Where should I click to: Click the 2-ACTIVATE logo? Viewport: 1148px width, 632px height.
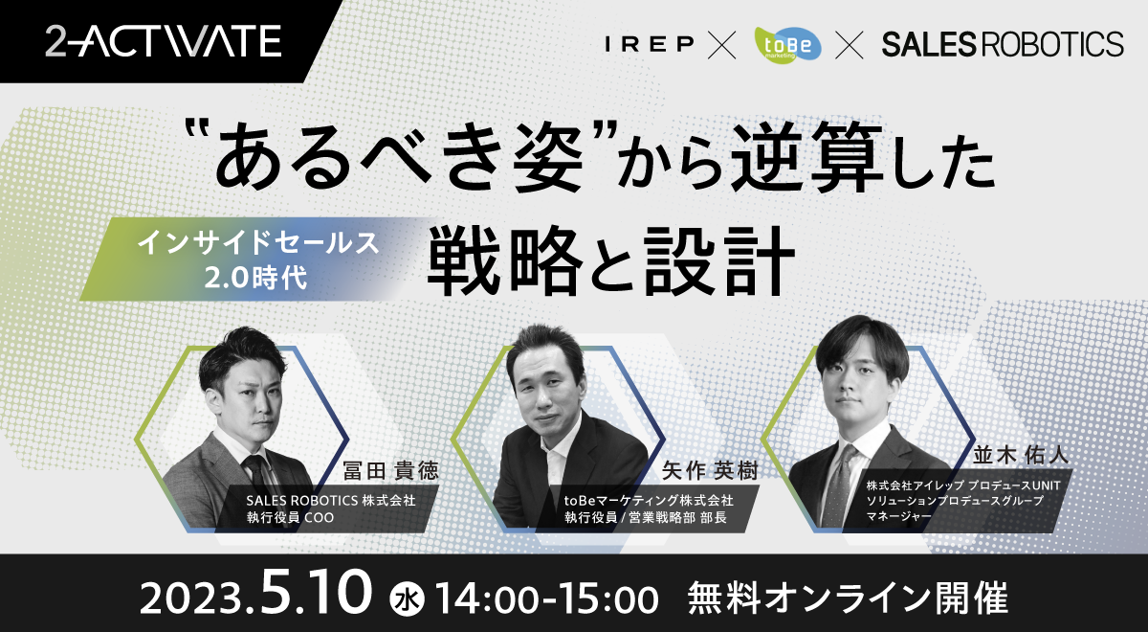tap(163, 41)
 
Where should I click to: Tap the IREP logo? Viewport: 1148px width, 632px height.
tap(650, 44)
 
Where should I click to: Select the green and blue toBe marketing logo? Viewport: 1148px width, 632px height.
tap(787, 45)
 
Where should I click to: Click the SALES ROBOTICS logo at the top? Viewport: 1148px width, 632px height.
tap(1003, 44)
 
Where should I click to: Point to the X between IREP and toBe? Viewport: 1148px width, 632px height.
tap(721, 45)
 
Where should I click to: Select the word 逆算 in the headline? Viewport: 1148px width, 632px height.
tap(808, 156)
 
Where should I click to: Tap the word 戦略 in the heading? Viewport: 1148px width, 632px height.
tap(505, 261)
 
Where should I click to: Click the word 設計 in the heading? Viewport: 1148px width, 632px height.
tap(719, 261)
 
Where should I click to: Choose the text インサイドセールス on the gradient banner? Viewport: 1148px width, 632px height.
tap(258, 242)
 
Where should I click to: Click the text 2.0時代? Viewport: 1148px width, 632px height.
tap(255, 278)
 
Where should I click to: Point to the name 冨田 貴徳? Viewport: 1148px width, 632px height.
tap(390, 470)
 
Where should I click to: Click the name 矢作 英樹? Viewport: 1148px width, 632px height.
tap(710, 470)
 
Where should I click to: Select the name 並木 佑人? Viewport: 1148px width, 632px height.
tap(1021, 455)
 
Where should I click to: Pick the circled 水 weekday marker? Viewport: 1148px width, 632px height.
tap(407, 599)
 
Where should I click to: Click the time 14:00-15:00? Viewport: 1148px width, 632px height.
tap(547, 598)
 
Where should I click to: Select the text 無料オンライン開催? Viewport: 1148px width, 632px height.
tap(848, 598)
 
